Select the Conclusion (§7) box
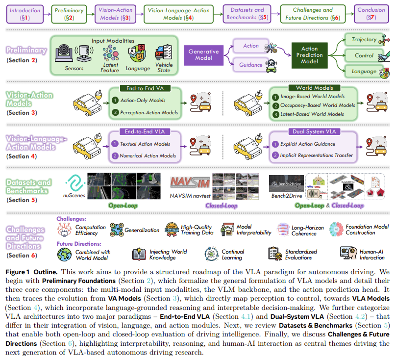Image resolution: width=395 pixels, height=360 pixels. click(x=371, y=14)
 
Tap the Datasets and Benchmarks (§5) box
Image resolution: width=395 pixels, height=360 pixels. click(x=245, y=14)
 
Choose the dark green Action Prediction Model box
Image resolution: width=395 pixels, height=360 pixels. click(x=309, y=55)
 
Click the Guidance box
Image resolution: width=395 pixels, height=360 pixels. click(x=251, y=65)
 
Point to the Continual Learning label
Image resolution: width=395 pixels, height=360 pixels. click(x=232, y=255)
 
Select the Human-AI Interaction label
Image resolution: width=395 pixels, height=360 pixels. click(x=372, y=255)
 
